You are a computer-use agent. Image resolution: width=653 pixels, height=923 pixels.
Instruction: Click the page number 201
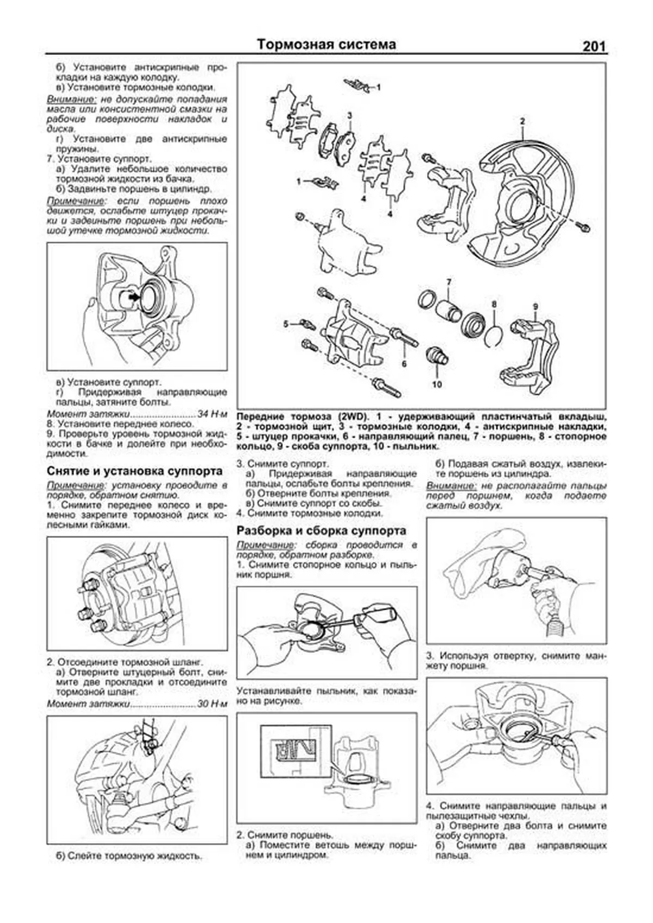593,47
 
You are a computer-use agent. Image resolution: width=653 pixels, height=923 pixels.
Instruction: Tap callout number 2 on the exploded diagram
522,121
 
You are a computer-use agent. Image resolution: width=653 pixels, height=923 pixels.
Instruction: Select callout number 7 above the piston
449,282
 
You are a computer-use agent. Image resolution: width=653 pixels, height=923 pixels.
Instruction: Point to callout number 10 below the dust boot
437,385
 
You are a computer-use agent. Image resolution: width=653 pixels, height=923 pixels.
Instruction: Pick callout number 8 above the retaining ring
494,304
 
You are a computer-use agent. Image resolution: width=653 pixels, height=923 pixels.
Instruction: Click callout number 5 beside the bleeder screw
286,324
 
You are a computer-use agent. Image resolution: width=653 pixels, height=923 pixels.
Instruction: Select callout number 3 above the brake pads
350,115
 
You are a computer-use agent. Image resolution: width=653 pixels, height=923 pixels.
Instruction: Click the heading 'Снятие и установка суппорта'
135,470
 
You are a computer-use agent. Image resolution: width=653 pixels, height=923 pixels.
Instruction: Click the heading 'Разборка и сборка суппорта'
321,530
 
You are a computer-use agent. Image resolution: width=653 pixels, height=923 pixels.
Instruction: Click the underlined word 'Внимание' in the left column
71,99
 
